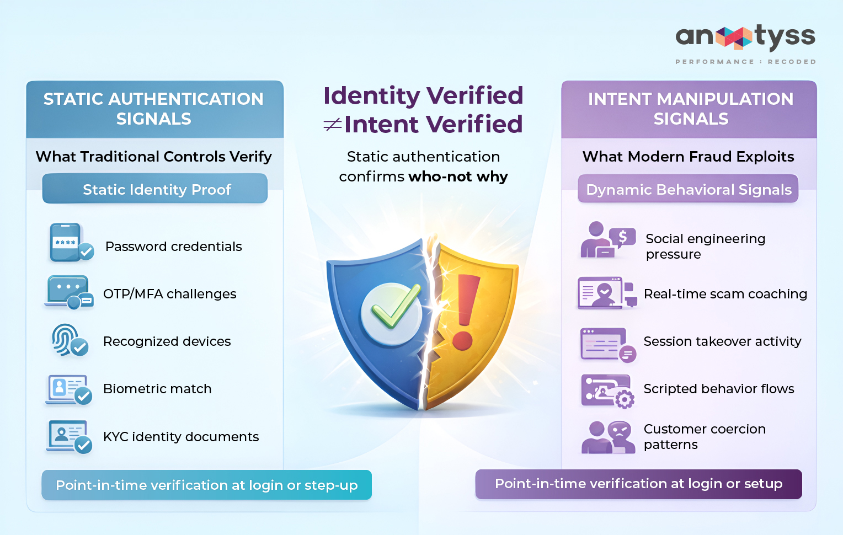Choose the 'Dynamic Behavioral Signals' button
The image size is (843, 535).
click(x=688, y=189)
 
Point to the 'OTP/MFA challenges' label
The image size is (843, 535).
click(x=169, y=294)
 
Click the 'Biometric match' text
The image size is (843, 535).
click(x=157, y=389)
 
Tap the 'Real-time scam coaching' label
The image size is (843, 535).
click(x=725, y=294)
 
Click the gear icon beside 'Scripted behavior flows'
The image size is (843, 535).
click(x=625, y=399)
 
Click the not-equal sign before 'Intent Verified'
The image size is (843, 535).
click(x=332, y=125)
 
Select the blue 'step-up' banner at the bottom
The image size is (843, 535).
click(x=206, y=485)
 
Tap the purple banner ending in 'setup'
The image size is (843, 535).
click(x=638, y=484)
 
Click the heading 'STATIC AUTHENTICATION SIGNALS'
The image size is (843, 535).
click(x=154, y=109)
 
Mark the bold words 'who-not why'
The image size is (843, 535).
click(x=458, y=176)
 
